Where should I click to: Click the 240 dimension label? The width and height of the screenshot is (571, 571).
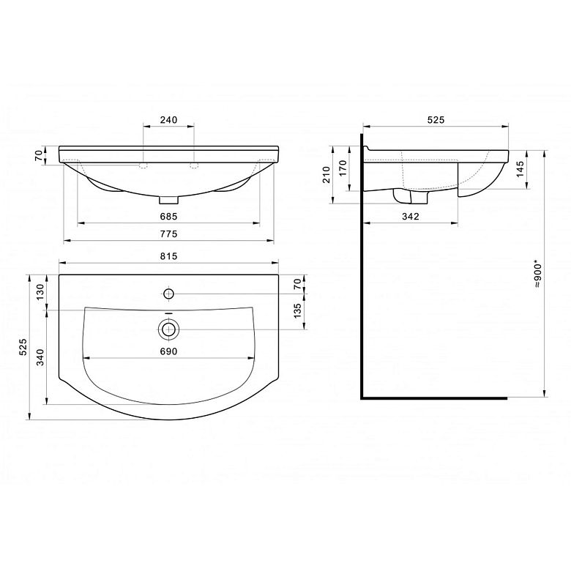[168, 120]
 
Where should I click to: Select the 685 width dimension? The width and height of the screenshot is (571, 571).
[168, 216]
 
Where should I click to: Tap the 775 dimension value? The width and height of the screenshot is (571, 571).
[168, 234]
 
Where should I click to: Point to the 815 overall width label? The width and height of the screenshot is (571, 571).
[168, 256]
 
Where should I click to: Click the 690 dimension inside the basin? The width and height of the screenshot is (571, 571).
[168, 351]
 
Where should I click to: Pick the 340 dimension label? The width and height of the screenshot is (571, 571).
[40, 357]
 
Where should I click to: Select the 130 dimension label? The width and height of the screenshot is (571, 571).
[40, 291]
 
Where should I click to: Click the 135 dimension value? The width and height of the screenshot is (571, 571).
[297, 310]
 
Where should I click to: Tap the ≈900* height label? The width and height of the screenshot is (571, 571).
[538, 274]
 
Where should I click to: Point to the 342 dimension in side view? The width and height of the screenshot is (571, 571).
[411, 216]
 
